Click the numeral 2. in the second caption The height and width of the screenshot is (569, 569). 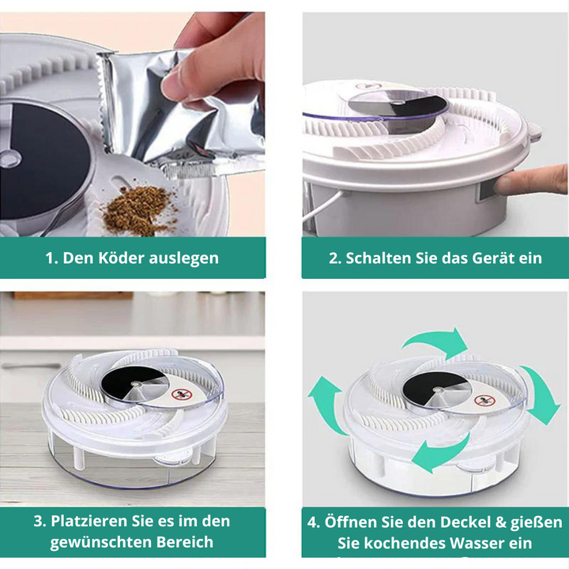pos(334,258)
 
